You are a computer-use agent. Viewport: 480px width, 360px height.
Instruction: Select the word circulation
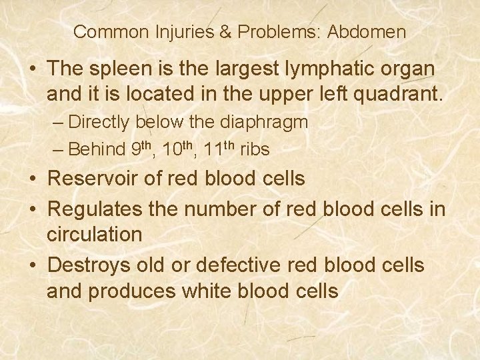tap(95, 234)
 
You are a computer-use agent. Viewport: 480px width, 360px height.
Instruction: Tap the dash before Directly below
tap(58, 123)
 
